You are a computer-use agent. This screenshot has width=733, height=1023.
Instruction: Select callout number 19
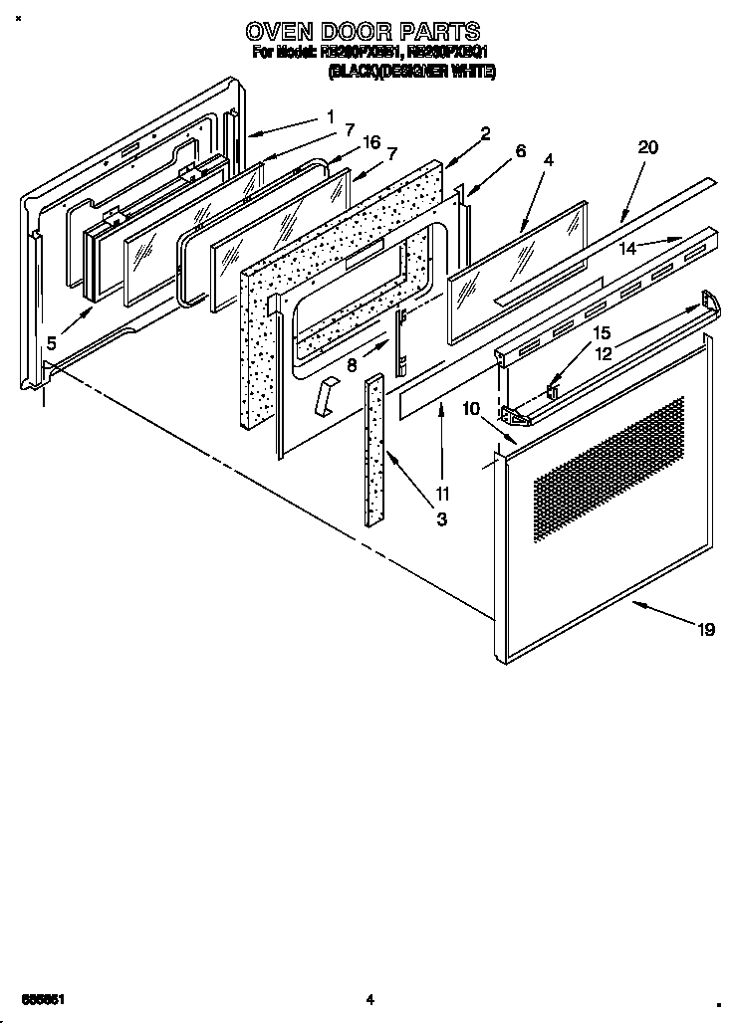pyautogui.click(x=705, y=629)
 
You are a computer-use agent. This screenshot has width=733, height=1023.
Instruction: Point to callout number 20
pyautogui.click(x=647, y=147)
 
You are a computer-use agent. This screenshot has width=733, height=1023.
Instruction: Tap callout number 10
pyautogui.click(x=471, y=408)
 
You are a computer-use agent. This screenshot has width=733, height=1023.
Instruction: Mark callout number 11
pyautogui.click(x=441, y=493)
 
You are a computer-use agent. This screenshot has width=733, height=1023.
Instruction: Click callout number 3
pyautogui.click(x=441, y=518)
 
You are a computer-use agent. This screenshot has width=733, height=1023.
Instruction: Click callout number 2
pyautogui.click(x=484, y=132)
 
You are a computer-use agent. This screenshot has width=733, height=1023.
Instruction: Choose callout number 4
pyautogui.click(x=548, y=159)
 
